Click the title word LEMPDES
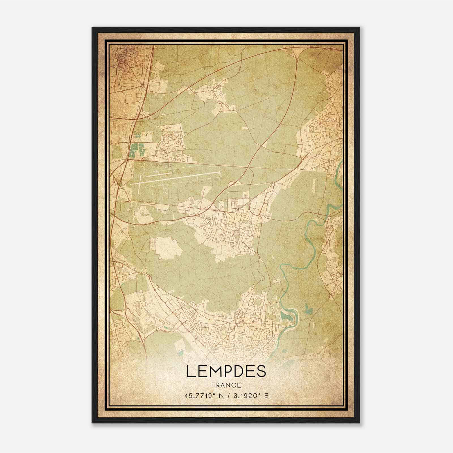(226, 371)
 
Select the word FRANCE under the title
(226, 385)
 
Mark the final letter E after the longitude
(266, 396)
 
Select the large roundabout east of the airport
(273, 185)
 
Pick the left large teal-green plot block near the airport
(133, 150)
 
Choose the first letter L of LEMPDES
(191, 371)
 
